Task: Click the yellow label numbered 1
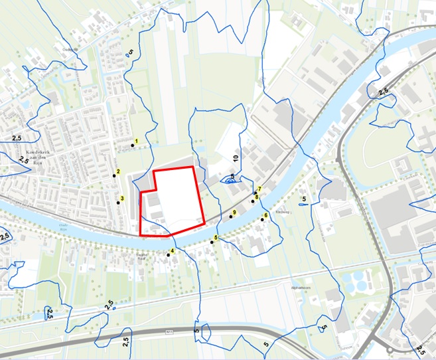(x=136, y=141)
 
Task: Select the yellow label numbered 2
(x=118, y=172)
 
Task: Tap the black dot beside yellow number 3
(x=117, y=202)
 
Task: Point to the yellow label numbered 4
(x=173, y=251)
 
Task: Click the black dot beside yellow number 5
(x=212, y=242)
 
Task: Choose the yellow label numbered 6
(x=265, y=215)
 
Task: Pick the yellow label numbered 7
(x=259, y=190)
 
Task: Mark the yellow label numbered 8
(x=256, y=197)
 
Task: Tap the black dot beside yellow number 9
(x=231, y=217)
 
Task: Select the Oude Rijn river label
(x=64, y=226)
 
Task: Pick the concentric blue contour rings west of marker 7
(x=230, y=179)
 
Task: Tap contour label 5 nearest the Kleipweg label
(x=303, y=199)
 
